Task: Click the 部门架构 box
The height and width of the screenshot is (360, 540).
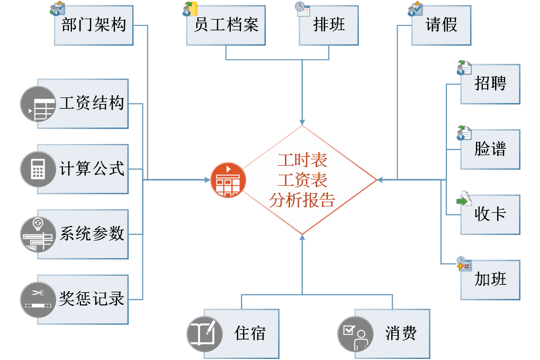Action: (x=93, y=25)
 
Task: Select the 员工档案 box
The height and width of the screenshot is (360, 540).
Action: (x=226, y=25)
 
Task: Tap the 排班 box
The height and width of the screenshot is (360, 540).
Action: (x=329, y=25)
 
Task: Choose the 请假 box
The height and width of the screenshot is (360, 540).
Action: (x=442, y=25)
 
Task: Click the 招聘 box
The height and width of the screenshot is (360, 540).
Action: (x=490, y=84)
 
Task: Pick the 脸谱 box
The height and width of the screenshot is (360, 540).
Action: (x=490, y=149)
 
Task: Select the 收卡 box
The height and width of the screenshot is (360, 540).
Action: (x=490, y=214)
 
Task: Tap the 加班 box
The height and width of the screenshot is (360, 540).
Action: (x=490, y=280)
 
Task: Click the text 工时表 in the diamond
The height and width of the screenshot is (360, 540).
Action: (x=302, y=160)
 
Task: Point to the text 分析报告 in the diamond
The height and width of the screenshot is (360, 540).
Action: (x=302, y=200)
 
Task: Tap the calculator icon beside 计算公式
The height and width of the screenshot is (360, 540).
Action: (x=38, y=169)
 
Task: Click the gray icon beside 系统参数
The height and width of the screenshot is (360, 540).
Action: (x=38, y=234)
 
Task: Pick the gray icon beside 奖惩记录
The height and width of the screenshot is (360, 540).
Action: (x=38, y=299)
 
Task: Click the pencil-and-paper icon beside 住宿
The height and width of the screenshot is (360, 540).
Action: (x=204, y=334)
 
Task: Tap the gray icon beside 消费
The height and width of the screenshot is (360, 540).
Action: (x=355, y=334)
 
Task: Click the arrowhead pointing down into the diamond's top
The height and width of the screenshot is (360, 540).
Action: (x=302, y=121)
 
